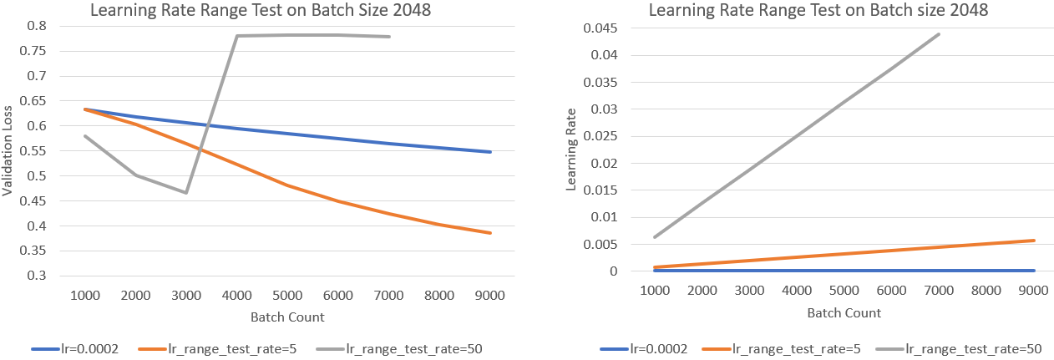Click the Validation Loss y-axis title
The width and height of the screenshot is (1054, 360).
8,151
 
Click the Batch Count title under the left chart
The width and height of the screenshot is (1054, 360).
287,317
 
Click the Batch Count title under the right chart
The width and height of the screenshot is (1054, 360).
844,312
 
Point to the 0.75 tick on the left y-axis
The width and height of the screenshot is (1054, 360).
35,51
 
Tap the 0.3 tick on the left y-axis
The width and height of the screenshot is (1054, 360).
38,276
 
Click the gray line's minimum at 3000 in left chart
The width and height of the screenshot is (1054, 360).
186,193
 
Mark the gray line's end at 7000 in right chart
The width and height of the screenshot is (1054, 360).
939,34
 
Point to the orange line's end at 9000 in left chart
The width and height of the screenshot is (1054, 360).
490,233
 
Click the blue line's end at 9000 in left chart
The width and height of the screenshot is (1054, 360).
490,152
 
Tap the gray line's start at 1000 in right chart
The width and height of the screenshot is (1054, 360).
654,237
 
